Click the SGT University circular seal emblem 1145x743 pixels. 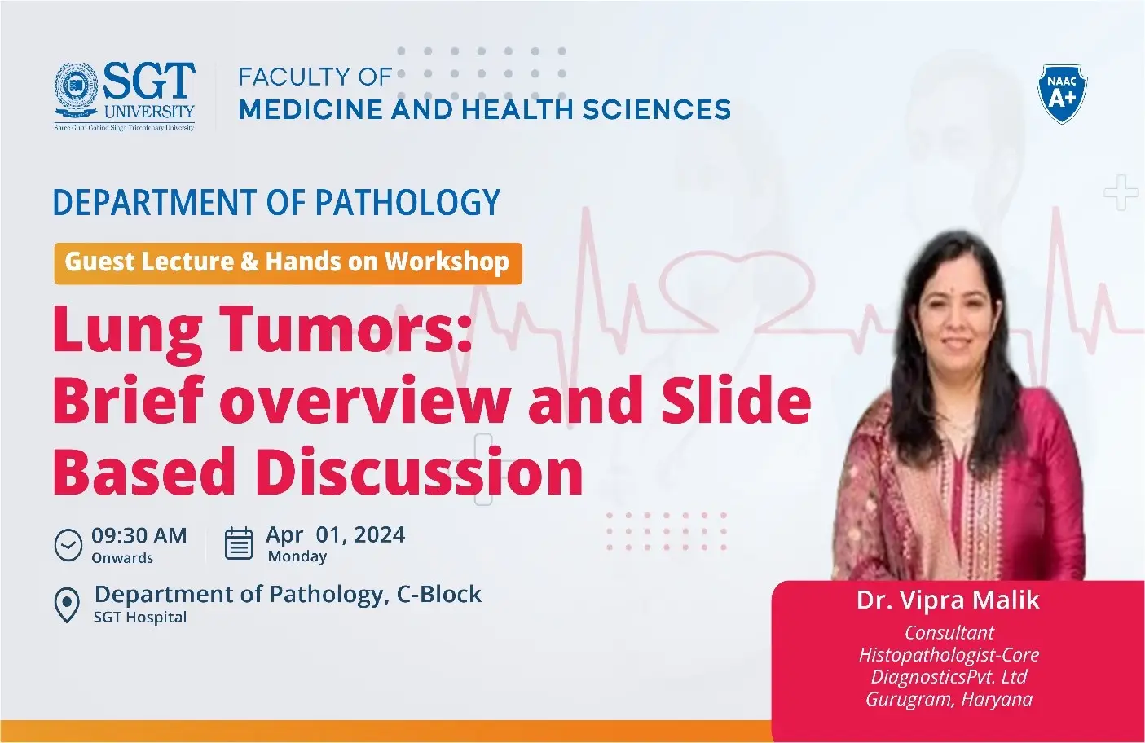tap(76, 88)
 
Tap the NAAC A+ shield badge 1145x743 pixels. tap(1061, 94)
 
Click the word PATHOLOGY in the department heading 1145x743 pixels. tap(407, 203)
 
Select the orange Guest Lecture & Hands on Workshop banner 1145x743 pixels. tap(288, 262)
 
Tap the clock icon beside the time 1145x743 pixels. tap(68, 544)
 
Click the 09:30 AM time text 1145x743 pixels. tap(139, 535)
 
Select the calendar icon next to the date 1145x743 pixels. tap(239, 544)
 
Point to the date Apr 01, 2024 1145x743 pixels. tap(335, 534)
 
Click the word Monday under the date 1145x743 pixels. tap(297, 556)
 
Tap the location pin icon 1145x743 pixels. tap(66, 605)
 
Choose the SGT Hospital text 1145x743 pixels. tap(140, 618)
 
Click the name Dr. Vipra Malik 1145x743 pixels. tap(948, 600)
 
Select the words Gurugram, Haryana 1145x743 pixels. tap(949, 699)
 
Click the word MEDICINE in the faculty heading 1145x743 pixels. tap(311, 109)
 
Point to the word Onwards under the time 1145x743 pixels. tap(122, 558)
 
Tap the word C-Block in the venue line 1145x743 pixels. tap(439, 595)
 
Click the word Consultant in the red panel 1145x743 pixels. tap(949, 633)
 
